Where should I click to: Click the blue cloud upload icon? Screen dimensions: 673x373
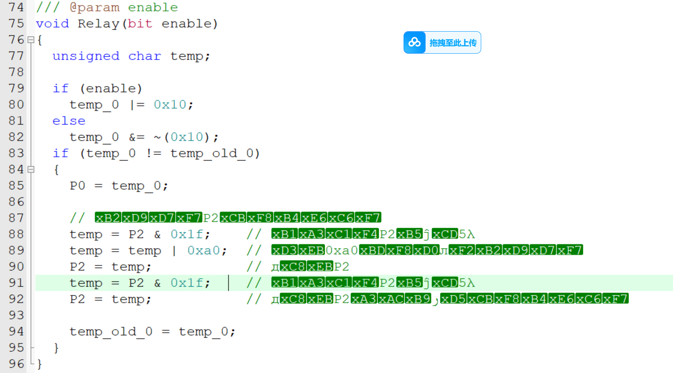click(x=414, y=42)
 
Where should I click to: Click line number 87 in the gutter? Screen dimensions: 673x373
click(x=16, y=218)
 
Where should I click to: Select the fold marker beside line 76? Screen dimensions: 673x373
click(x=31, y=40)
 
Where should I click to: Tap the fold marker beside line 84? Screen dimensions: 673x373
click(x=31, y=170)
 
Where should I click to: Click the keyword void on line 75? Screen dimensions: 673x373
click(x=52, y=24)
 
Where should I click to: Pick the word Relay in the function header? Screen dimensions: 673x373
click(x=98, y=24)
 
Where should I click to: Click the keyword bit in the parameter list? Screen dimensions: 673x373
click(x=140, y=24)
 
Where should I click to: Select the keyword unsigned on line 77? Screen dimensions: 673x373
click(x=86, y=56)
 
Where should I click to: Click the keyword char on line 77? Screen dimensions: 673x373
click(x=145, y=56)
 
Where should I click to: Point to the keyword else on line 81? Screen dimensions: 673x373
click(x=69, y=121)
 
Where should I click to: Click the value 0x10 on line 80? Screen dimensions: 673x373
click(x=170, y=104)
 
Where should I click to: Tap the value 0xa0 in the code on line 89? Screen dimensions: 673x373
click(x=203, y=251)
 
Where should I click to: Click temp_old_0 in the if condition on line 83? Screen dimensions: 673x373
click(x=212, y=153)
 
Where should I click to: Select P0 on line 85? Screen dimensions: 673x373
click(x=77, y=186)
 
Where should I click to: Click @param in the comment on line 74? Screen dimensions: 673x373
click(x=94, y=8)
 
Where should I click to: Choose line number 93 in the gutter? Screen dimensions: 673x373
click(x=16, y=315)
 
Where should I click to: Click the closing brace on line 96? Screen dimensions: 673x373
click(x=39, y=364)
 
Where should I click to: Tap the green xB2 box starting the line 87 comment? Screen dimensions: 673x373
click(x=108, y=218)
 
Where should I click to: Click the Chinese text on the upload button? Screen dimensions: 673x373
click(x=453, y=43)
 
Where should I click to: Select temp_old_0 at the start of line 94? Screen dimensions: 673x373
click(x=111, y=331)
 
